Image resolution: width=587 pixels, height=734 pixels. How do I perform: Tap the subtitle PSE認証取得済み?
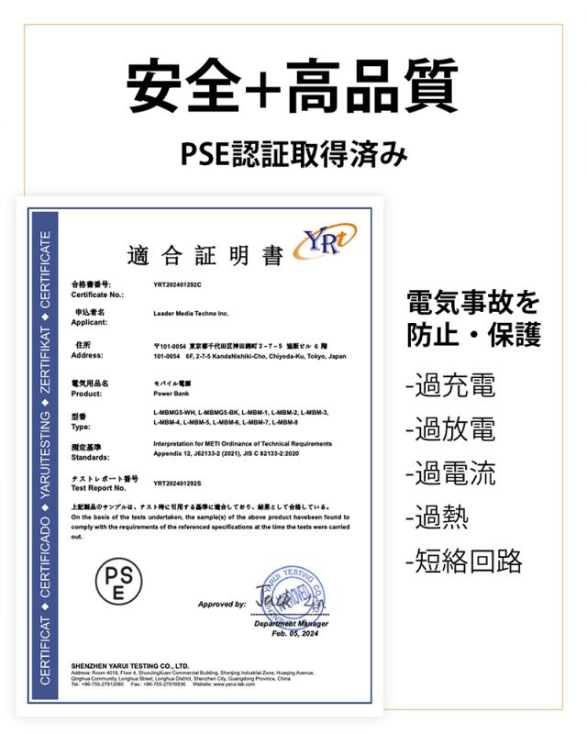(293, 153)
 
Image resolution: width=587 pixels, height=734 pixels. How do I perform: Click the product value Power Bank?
(172, 392)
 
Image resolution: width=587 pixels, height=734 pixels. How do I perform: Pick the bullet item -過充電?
(449, 385)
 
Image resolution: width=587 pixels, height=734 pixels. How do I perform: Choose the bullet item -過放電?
(449, 429)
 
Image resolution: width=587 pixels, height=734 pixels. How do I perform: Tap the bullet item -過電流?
(449, 473)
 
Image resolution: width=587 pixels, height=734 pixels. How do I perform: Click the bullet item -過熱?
(437, 517)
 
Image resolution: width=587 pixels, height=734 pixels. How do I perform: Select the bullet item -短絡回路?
(463, 561)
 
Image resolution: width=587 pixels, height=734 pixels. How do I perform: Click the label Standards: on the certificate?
(91, 456)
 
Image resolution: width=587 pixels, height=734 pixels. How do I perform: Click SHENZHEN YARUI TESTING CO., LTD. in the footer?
(129, 665)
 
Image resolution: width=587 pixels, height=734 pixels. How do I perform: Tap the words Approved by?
(221, 605)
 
